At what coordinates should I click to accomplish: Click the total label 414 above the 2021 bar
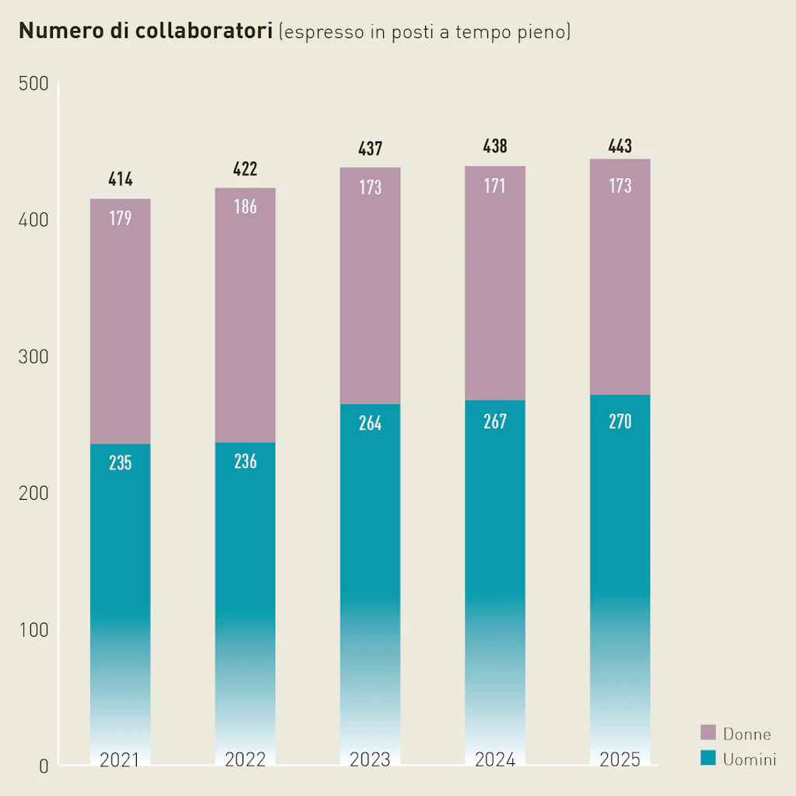pos(120,180)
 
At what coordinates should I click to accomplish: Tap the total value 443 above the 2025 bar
pos(620,145)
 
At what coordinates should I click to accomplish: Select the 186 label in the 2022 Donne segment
pos(246,207)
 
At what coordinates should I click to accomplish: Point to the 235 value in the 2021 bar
pos(120,463)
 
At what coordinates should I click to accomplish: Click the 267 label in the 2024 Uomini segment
pos(495,421)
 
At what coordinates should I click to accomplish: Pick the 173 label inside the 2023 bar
pos(370,187)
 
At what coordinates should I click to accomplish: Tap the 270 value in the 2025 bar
pos(620,421)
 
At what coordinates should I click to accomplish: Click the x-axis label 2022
pos(246,759)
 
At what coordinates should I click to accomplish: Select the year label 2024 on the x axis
pos(495,759)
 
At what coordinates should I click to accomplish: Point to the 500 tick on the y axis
pos(33,84)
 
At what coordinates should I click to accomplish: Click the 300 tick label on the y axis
pos(33,357)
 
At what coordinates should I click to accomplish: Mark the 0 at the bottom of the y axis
pos(43,766)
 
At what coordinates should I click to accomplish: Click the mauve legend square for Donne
pos(708,732)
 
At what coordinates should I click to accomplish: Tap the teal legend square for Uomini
pos(708,758)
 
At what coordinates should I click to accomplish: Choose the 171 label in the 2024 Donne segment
pos(495,186)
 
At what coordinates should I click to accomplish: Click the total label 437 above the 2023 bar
pos(370,148)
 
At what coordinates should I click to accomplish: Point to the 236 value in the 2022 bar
pos(246,461)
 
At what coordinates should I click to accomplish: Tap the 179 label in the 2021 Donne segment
pos(120,218)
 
